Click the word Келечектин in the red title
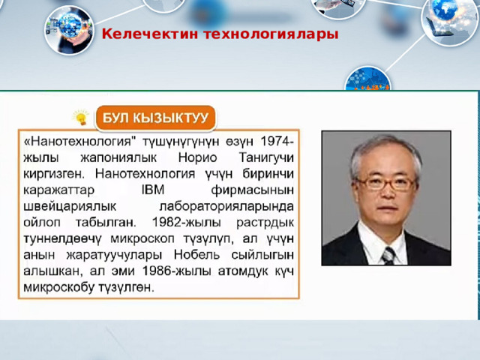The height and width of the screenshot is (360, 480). point(150,34)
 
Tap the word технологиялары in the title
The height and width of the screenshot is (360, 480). point(271,34)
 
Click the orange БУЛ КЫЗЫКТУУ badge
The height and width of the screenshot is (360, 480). point(155,118)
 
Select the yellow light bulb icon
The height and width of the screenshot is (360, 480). point(81,117)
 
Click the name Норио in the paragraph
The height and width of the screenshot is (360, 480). point(197,157)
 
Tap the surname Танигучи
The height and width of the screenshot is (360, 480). point(266,158)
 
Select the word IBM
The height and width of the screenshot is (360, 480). point(153,190)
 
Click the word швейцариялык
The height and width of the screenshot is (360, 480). point(70,207)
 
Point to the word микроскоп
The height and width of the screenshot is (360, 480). point(142,238)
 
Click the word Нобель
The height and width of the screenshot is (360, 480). point(196,254)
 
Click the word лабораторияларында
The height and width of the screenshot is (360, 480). point(226,207)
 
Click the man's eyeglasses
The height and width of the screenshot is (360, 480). point(387,183)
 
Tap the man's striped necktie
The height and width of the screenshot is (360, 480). point(388,255)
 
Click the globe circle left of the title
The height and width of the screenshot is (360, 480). point(69,30)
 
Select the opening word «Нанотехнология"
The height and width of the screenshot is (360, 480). point(79,142)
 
